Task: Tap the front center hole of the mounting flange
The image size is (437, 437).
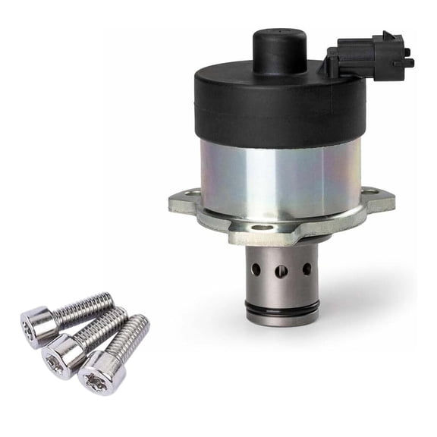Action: click(262, 227)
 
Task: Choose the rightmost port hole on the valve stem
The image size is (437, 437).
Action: click(306, 268)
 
